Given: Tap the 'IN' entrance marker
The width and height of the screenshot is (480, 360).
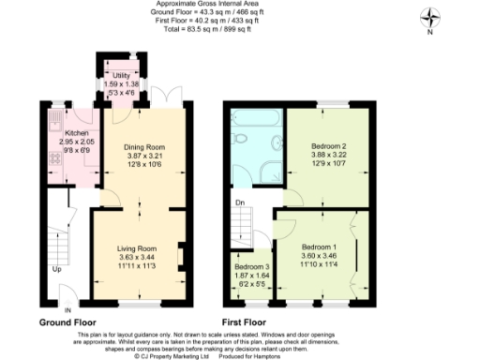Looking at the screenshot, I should pyautogui.click(x=67, y=310).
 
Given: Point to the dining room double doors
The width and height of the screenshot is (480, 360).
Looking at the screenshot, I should pyautogui.click(x=168, y=95).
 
